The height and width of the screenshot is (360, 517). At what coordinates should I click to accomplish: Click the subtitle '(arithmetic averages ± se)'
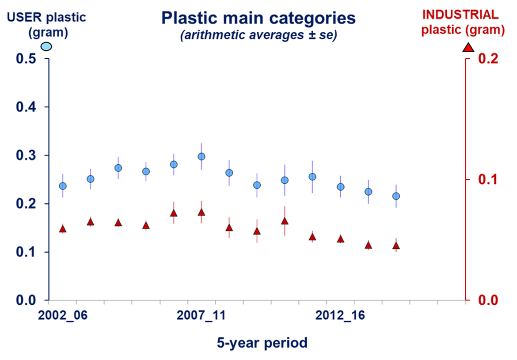point(258,36)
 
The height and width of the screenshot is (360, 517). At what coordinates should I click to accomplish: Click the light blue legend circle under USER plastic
point(46,46)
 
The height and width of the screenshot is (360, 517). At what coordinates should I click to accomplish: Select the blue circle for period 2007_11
point(201,156)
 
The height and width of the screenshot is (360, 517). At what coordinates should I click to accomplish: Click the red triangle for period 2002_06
point(63,229)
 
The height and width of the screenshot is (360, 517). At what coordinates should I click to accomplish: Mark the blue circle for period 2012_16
point(340,187)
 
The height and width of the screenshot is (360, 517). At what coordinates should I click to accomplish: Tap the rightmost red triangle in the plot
point(396,246)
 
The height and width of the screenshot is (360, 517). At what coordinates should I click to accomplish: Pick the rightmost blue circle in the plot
point(396,196)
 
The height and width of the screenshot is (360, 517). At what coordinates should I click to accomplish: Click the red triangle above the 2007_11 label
point(201,212)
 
